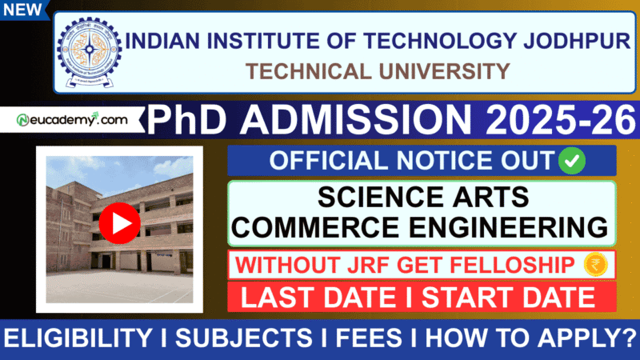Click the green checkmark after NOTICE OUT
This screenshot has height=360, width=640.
(x=573, y=160)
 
